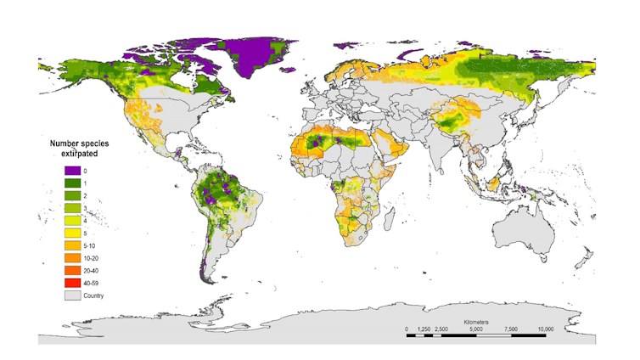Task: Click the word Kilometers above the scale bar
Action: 481,323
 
